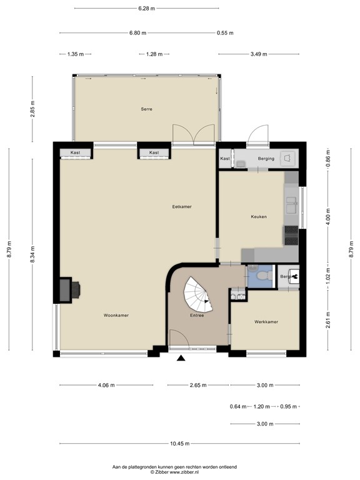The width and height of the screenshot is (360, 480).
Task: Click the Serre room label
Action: point(146,109)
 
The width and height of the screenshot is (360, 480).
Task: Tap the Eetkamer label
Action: point(182,207)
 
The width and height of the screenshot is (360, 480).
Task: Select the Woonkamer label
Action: point(116,315)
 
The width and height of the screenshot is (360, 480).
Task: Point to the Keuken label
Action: point(259,217)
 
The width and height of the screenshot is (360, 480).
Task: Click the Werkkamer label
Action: point(266,322)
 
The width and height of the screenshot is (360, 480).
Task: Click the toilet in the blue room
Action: point(263,276)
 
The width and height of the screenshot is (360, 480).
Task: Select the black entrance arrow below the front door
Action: point(181,358)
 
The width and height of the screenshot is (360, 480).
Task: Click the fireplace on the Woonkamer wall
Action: point(70,289)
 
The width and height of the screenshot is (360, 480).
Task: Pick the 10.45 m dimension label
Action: point(180,443)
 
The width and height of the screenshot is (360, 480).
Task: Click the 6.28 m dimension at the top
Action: point(147,8)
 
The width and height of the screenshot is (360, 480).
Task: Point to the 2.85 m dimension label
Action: point(32,109)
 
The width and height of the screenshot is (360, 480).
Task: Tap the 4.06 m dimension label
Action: point(106,385)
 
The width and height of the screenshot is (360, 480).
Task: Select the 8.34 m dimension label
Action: point(32,254)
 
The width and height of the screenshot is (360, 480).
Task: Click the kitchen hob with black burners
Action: point(291,235)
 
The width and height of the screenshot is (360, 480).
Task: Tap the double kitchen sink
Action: point(291,205)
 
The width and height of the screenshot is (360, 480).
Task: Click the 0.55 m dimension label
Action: point(225,32)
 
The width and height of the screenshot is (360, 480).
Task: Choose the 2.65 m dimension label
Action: point(198,385)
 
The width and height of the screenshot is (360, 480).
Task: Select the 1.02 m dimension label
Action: point(328,276)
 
